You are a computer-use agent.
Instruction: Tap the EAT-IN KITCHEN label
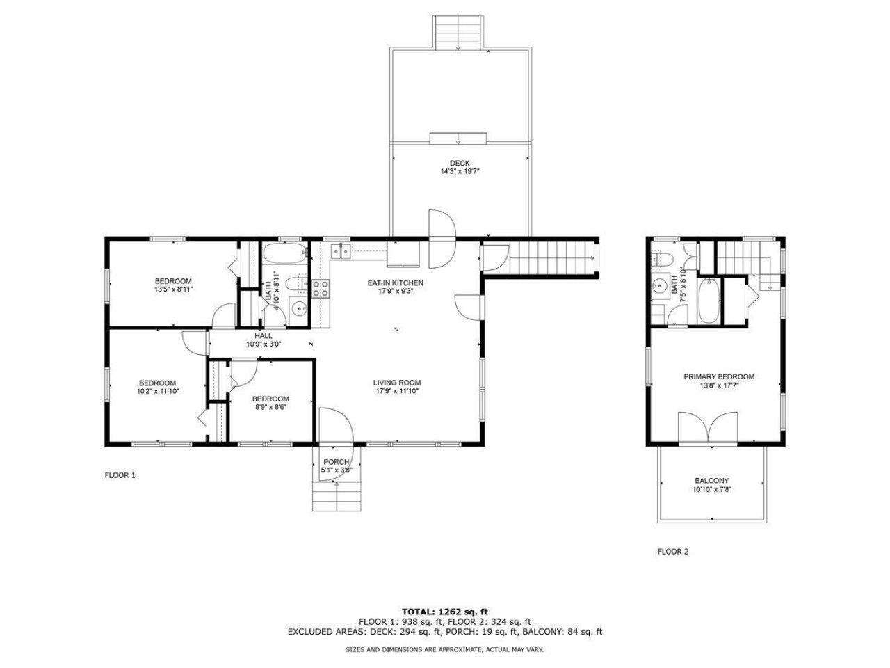point(395,283)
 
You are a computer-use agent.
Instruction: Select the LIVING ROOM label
point(396,383)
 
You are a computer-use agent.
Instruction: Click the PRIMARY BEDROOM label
point(718,376)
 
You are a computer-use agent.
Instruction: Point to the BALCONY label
point(711,481)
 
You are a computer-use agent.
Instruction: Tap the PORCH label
point(336,462)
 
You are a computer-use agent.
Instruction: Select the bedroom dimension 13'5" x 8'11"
point(172,289)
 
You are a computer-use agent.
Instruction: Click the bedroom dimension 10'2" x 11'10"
point(157,392)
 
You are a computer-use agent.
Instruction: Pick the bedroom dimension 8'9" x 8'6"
point(270,407)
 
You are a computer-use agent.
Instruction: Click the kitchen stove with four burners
point(320,288)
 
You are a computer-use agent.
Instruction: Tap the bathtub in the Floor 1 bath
point(284,253)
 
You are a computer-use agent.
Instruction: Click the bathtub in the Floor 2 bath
point(708,301)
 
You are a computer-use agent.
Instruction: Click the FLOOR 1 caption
point(120,476)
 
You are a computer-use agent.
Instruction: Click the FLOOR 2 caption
point(672,552)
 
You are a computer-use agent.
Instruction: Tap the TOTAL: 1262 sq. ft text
point(444,611)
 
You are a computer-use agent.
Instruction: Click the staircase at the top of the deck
point(458,32)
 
